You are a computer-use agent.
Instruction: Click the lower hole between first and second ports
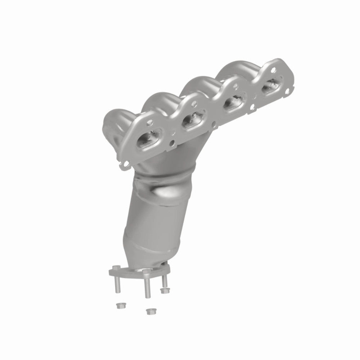point(173,141)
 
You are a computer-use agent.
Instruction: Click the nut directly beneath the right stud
point(166,290)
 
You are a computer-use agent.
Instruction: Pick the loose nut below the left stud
point(119,306)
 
